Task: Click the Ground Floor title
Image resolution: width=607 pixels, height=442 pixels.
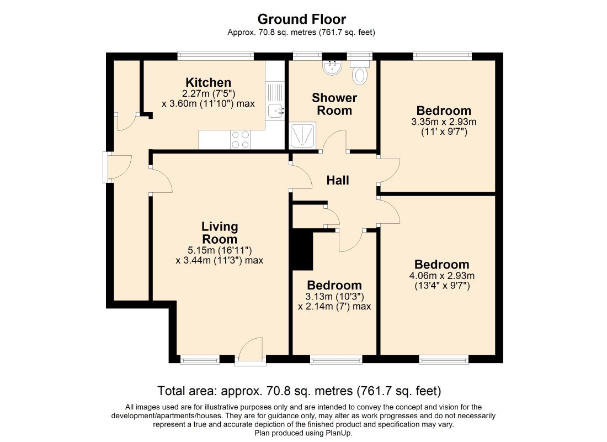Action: (301, 19)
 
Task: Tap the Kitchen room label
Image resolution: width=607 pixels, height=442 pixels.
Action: (208, 82)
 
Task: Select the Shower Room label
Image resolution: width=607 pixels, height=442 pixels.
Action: (334, 104)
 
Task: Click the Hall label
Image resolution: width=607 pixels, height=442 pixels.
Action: (338, 180)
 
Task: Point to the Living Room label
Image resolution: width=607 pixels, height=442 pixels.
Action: (220, 233)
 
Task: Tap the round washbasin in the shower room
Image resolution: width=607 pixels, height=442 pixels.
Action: (332, 67)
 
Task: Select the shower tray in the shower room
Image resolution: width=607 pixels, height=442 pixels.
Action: (302, 135)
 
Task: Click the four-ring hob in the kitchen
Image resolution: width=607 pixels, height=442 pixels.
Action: (240, 140)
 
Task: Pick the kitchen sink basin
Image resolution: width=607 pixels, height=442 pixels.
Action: (275, 110)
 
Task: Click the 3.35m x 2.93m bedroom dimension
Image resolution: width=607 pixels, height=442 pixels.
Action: (444, 122)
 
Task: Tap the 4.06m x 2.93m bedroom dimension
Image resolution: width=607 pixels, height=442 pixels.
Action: (441, 276)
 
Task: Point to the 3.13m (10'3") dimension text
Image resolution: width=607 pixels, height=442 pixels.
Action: (334, 297)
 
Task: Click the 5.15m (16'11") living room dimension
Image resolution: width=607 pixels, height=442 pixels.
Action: (220, 250)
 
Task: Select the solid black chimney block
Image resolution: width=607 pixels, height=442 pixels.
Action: (302, 249)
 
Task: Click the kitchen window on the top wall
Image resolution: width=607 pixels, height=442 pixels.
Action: (216, 56)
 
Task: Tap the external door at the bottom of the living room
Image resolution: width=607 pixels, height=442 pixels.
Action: (251, 351)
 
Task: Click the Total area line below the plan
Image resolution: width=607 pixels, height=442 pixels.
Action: (299, 391)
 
